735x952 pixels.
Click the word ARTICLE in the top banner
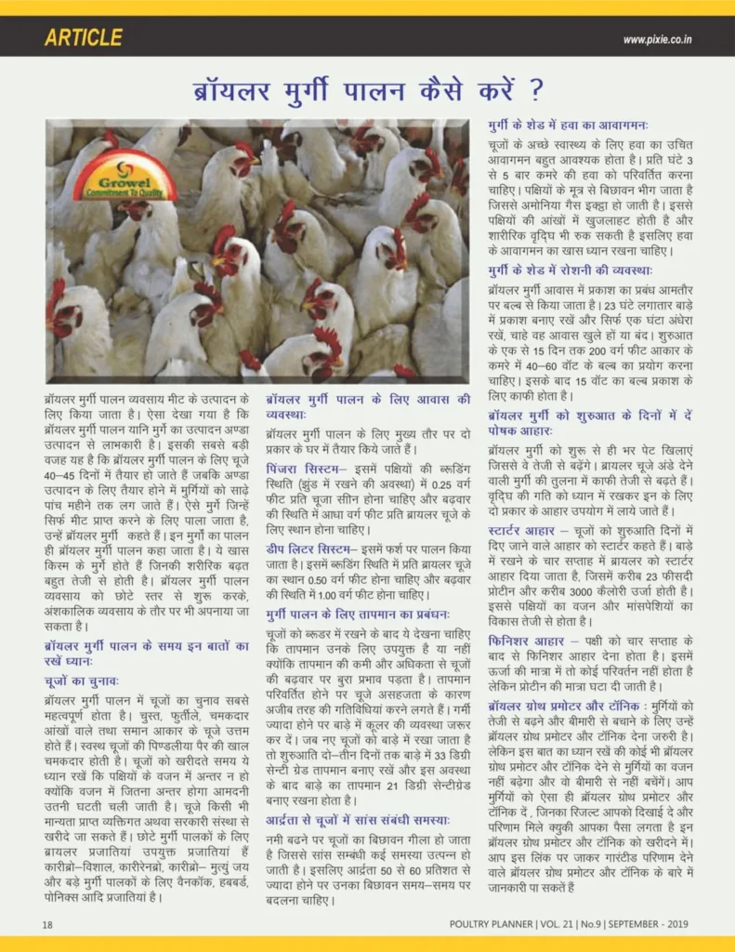coord(83,38)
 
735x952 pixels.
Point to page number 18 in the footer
coord(46,924)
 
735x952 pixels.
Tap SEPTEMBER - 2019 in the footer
coord(647,924)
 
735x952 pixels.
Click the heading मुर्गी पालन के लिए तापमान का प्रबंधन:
coord(358,615)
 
